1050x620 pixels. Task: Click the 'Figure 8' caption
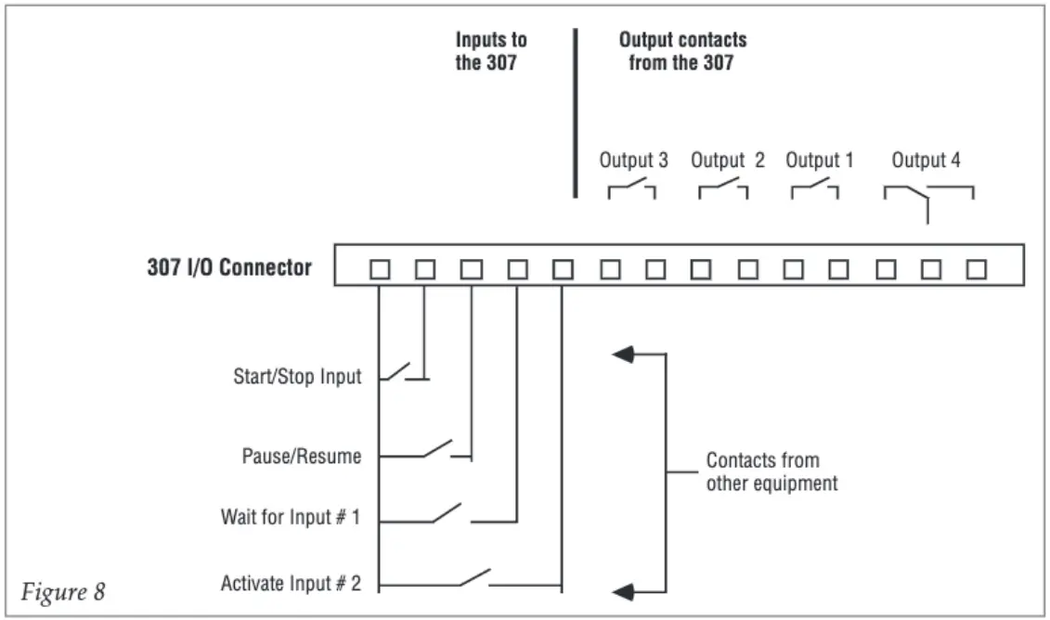click(63, 591)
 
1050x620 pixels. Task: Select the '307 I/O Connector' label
click(229, 267)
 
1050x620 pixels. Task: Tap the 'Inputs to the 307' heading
click(491, 51)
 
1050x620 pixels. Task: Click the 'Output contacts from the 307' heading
click(682, 51)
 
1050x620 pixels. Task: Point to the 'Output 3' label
click(633, 160)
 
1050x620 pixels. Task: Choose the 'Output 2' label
click(727, 160)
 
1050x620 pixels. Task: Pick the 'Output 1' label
click(820, 160)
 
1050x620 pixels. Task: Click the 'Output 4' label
click(926, 160)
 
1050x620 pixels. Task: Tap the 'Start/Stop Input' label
click(297, 376)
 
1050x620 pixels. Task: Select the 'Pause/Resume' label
click(302, 456)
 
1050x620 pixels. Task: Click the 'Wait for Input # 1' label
click(291, 517)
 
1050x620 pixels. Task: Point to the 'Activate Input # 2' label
click(291, 583)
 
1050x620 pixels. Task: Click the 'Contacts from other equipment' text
click(771, 471)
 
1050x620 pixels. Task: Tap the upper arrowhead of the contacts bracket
click(623, 355)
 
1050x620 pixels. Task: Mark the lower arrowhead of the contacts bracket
click(623, 592)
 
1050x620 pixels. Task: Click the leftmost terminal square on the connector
click(380, 269)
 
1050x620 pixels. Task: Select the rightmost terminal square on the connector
click(977, 269)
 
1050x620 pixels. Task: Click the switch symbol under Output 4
click(927, 199)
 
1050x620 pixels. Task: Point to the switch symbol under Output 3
click(631, 188)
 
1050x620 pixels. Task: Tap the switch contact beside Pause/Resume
click(437, 450)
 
